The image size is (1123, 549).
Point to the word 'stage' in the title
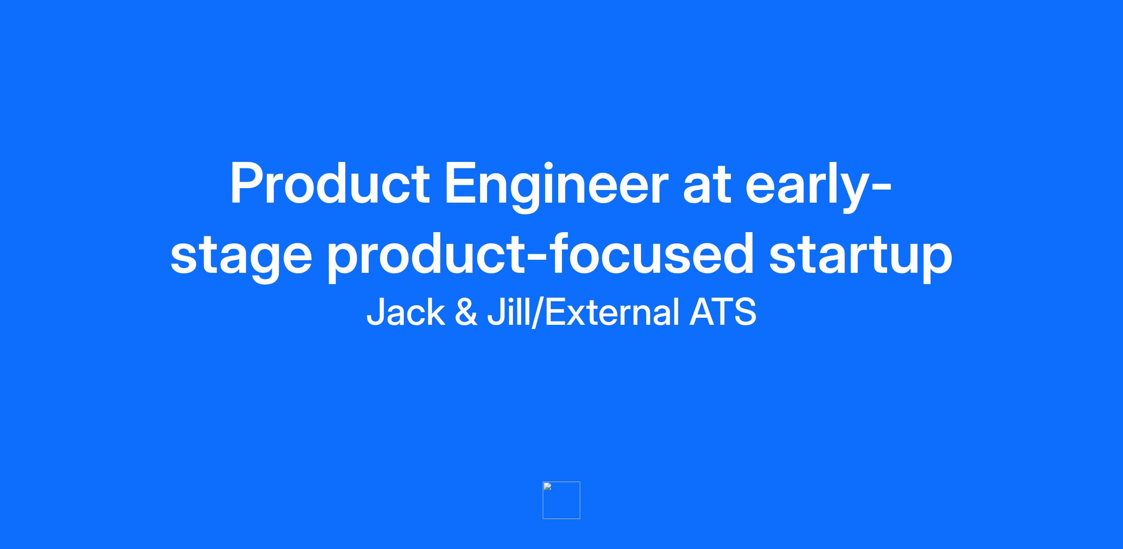241,258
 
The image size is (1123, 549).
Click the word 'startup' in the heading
860,258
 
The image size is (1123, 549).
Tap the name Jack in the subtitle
406,312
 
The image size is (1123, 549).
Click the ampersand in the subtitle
466,312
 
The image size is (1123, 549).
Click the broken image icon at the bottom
561,500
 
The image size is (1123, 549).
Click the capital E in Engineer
461,183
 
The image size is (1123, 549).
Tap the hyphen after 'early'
883,189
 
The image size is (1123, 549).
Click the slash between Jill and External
538,312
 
